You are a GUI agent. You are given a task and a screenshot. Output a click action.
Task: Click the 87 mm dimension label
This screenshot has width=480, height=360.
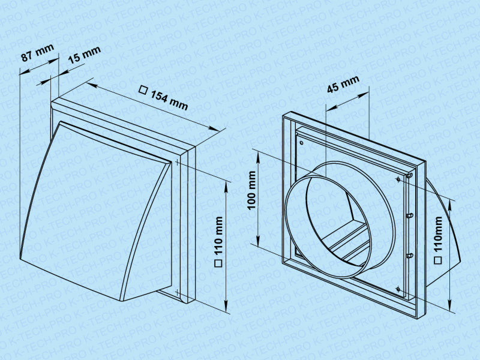tap(38, 53)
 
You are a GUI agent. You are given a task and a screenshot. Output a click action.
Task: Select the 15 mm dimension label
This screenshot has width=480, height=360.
tap(84, 55)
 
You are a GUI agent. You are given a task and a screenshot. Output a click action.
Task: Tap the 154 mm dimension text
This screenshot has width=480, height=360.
tap(169, 100)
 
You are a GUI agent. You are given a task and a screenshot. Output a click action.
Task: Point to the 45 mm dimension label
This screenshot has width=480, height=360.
tap(343, 84)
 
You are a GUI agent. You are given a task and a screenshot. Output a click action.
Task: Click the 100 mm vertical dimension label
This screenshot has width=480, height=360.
tap(252, 190)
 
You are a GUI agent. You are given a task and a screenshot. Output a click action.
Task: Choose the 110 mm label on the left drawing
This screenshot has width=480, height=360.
tap(218, 236)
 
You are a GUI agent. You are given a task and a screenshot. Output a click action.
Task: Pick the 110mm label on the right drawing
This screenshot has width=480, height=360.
tap(439, 234)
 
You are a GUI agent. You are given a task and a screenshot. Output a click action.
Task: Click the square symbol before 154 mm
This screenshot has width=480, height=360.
tap(143, 90)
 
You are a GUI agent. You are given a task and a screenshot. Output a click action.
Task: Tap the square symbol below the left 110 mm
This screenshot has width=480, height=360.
tap(218, 263)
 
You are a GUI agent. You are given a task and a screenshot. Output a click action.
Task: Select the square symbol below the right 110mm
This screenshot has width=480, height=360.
tap(439, 260)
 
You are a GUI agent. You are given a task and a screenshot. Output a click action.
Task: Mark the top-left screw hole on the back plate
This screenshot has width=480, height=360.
tap(302, 142)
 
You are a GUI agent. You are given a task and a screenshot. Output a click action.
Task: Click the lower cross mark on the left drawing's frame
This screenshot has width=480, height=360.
tap(177, 292)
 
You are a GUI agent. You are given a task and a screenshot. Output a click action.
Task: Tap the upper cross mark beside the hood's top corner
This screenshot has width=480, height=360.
tap(177, 162)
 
